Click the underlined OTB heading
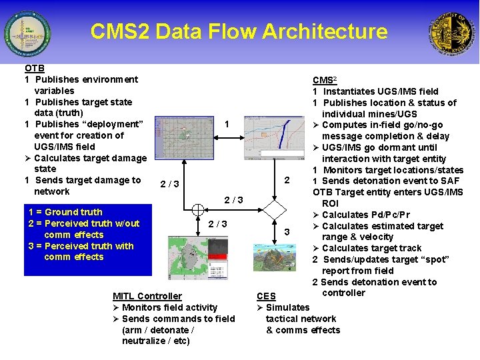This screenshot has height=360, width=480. pyautogui.click(x=35, y=68)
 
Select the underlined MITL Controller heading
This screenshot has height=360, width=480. pyautogui.click(x=147, y=296)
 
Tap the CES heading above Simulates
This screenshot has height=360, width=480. pyautogui.click(x=266, y=296)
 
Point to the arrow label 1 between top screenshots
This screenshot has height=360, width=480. pyautogui.click(x=227, y=125)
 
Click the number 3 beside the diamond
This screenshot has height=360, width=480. pyautogui.click(x=287, y=232)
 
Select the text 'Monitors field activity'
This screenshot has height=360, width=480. pyautogui.click(x=169, y=307)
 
